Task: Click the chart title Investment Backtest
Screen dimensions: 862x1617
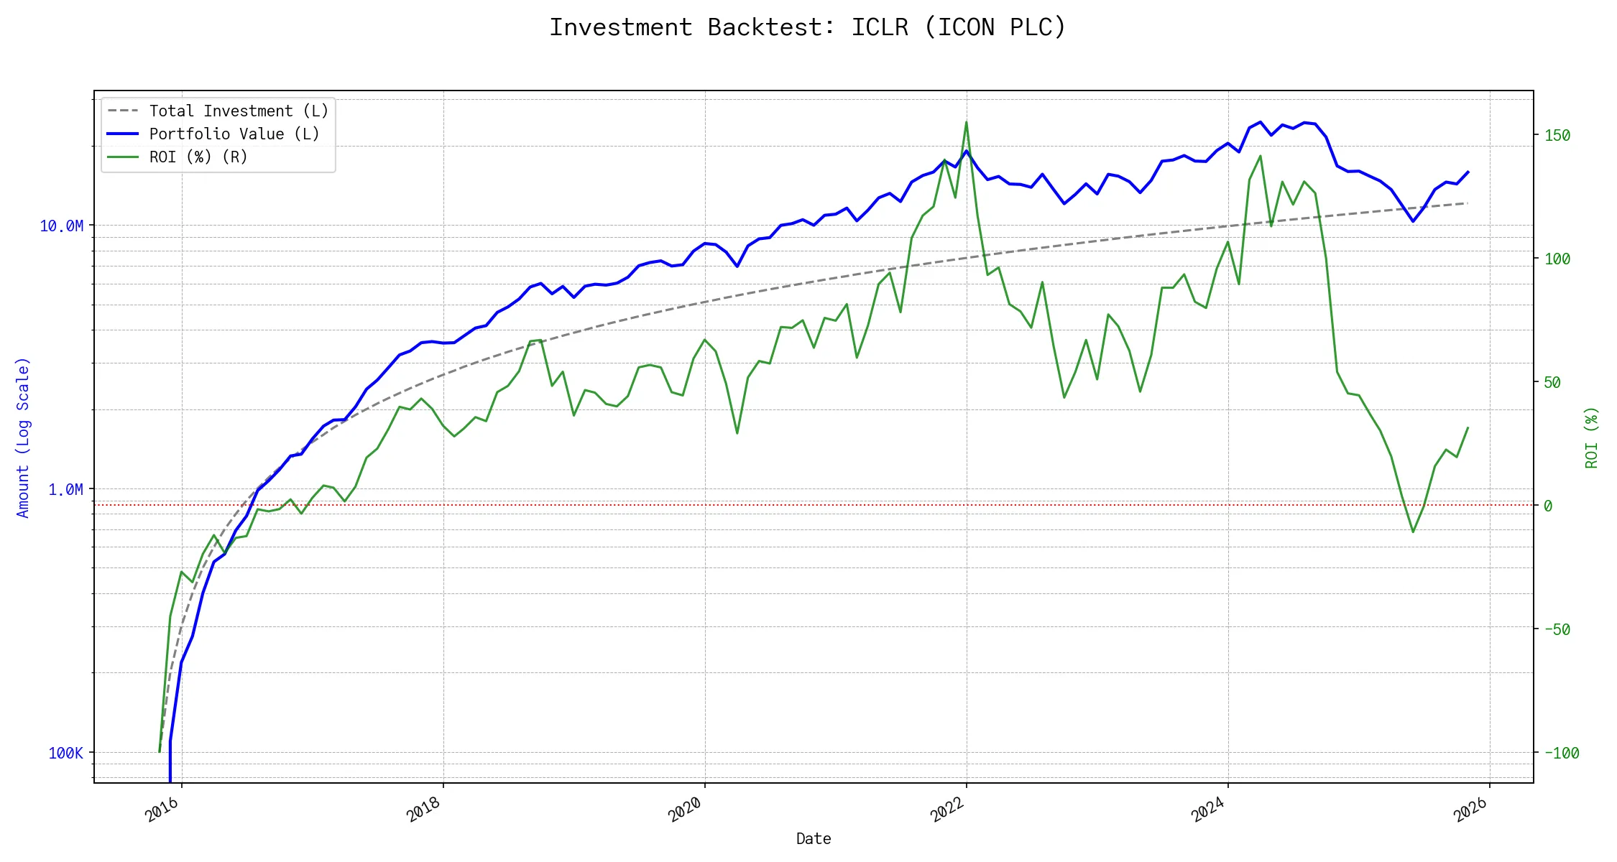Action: (x=807, y=27)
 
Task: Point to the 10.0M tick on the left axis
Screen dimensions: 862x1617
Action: (x=62, y=226)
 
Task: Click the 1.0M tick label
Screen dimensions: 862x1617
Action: (x=65, y=490)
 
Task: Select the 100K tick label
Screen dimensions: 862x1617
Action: (x=65, y=754)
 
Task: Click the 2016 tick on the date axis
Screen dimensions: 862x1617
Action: (x=162, y=810)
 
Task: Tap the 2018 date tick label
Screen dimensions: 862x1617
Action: (x=423, y=810)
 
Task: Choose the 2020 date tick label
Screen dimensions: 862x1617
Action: (x=685, y=810)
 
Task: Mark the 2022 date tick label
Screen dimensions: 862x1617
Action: (x=946, y=810)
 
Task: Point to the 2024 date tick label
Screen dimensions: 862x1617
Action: (x=1208, y=810)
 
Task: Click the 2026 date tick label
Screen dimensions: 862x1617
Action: (x=1470, y=810)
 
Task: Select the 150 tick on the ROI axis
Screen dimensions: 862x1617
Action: (x=1557, y=136)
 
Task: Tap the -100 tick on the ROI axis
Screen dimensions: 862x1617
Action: (x=1562, y=754)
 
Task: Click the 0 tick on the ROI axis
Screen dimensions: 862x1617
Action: (x=1548, y=506)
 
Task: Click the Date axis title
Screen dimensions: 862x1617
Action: (x=814, y=839)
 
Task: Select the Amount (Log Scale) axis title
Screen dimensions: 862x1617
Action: (x=23, y=437)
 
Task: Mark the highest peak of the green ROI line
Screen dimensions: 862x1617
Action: (x=966, y=122)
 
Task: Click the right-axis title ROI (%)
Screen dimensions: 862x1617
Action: (x=1591, y=437)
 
